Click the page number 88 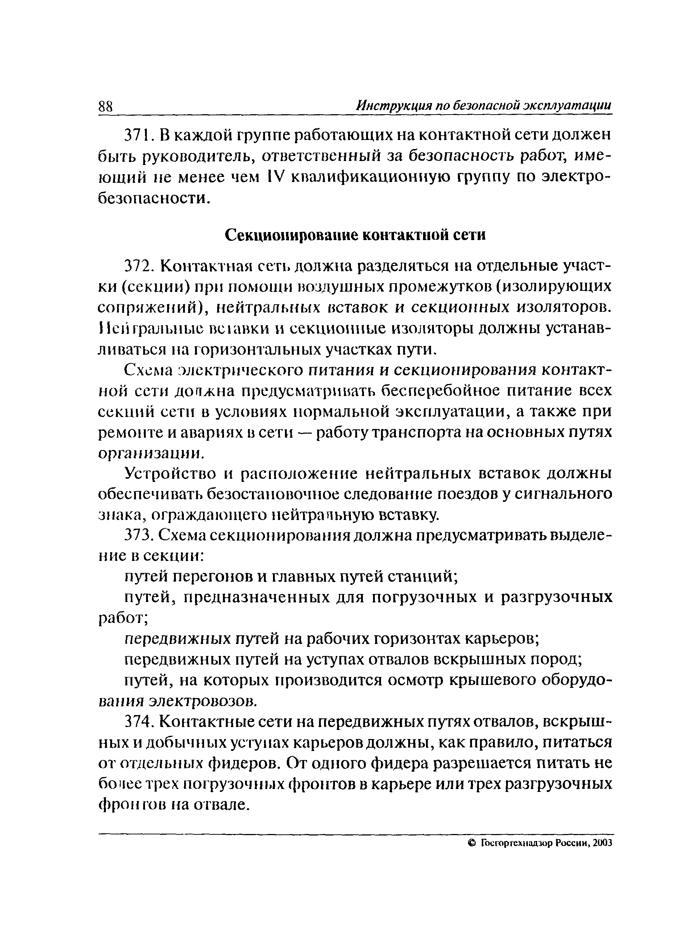[106, 107]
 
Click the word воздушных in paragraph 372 [341, 286]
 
